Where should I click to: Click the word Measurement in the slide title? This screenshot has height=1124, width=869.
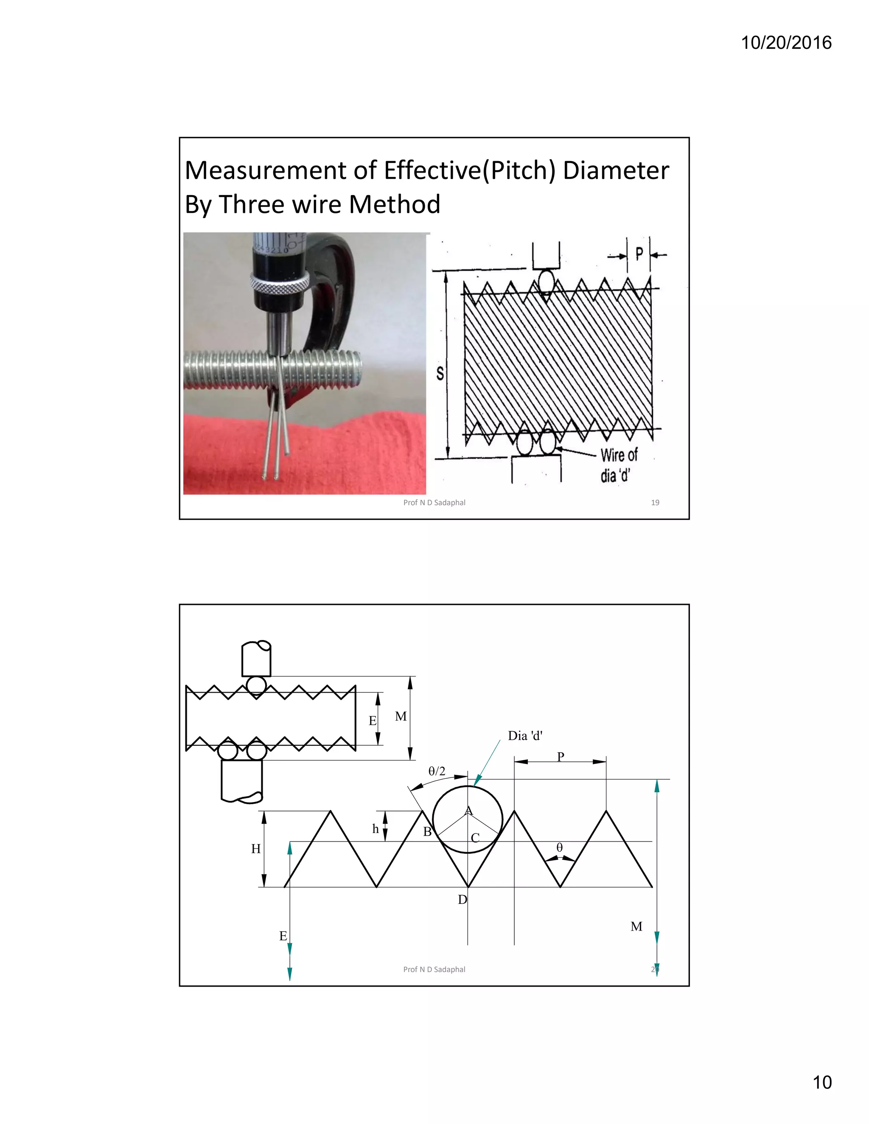point(281,171)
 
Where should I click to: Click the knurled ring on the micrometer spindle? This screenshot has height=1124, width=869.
point(280,284)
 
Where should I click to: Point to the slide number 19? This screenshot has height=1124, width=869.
point(655,502)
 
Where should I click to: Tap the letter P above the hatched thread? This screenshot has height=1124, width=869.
point(639,254)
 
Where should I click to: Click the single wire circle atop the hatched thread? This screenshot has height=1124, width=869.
point(546,282)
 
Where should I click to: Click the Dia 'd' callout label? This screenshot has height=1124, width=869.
point(525,736)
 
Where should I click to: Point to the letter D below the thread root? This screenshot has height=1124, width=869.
point(463,899)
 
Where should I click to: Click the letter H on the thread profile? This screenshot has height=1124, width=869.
point(256,849)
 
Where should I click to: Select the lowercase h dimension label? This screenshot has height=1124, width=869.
point(375,829)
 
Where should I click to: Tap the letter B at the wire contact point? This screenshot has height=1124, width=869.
point(427,832)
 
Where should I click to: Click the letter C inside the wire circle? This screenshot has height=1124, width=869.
point(475,838)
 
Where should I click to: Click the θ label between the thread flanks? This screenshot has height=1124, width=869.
point(560,847)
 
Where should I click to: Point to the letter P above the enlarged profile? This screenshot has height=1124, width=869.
point(561,756)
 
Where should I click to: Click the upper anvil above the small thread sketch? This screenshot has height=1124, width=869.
point(256,658)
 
